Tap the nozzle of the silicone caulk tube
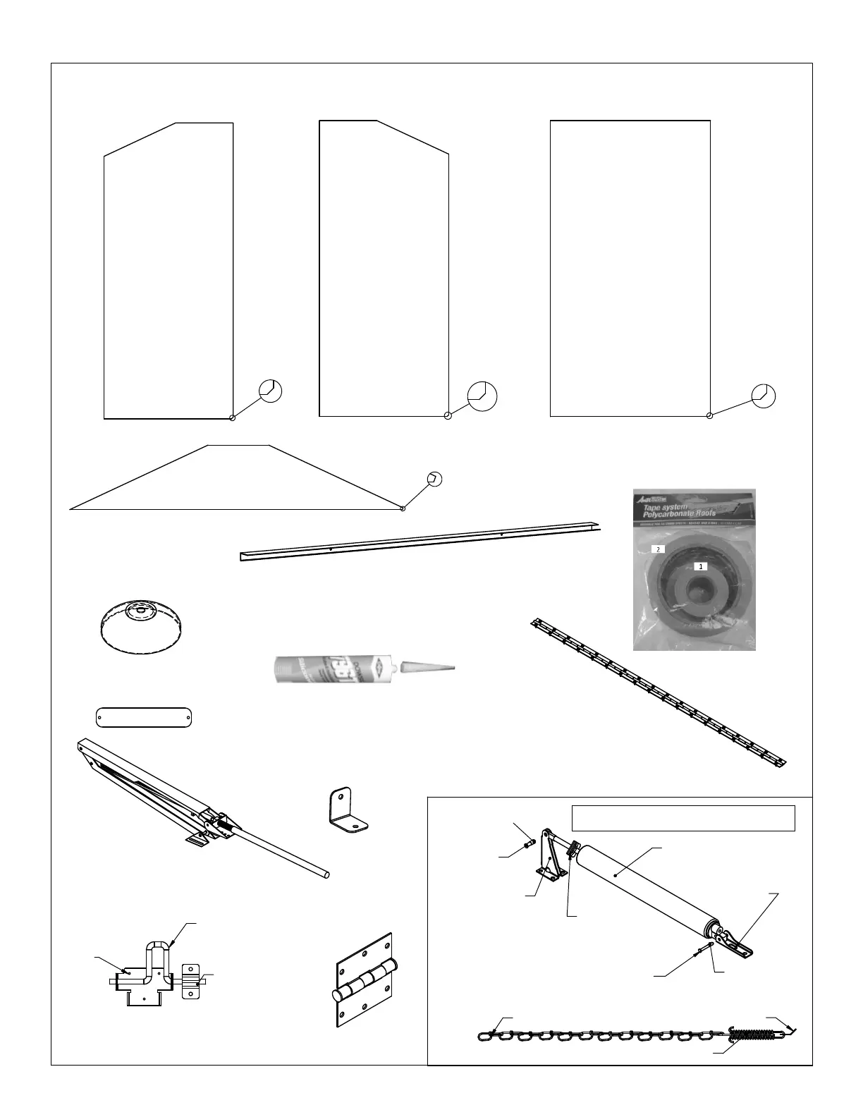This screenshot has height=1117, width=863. (427, 666)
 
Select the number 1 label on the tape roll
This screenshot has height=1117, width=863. (700, 566)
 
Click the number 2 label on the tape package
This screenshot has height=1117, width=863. (658, 548)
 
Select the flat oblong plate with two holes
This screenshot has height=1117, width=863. (144, 717)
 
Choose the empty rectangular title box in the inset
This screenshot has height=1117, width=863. (683, 818)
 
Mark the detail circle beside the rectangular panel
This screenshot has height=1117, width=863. (764, 396)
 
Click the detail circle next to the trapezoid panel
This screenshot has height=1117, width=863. (435, 478)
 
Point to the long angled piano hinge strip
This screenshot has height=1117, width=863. (659, 693)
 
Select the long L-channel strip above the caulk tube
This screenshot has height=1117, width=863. (420, 542)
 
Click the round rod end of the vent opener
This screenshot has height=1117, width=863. (326, 874)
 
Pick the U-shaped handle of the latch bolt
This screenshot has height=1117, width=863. (157, 953)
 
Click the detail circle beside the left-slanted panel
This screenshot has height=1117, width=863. (271, 390)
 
